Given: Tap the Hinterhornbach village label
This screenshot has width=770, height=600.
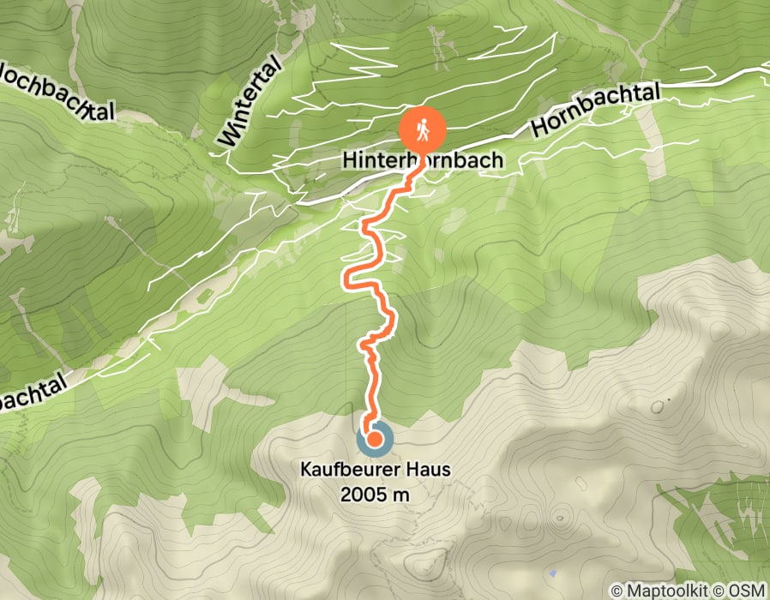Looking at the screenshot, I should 423,160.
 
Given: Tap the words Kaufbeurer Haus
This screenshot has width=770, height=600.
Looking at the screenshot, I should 376,470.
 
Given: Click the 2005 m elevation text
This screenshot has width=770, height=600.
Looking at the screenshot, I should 376,494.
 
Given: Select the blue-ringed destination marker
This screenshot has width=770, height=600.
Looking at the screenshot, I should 375,440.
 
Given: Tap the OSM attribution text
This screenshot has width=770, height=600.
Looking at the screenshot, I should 749,591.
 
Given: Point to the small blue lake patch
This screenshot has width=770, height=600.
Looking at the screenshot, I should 553,573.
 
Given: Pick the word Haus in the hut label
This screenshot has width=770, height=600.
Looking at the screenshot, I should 430,470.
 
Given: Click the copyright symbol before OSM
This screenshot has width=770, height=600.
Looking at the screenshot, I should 727,591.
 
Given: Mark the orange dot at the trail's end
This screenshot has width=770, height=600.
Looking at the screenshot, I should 375,440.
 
